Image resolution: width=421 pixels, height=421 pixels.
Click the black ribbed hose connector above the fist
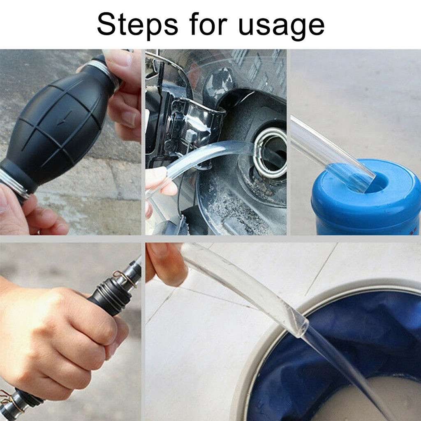coord(114,290)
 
